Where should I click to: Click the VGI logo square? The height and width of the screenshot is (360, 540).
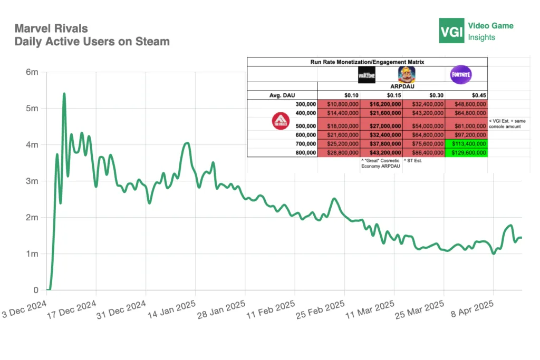click(x=451, y=31)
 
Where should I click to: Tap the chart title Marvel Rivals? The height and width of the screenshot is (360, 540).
click(x=51, y=28)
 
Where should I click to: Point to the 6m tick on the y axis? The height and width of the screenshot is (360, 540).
click(x=32, y=72)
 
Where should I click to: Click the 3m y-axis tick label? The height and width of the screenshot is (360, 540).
click(x=32, y=181)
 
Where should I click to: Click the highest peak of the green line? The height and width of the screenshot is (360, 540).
click(x=64, y=94)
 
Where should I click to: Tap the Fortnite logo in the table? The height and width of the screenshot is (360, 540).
click(x=460, y=75)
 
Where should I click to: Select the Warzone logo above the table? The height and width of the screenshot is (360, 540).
click(x=367, y=75)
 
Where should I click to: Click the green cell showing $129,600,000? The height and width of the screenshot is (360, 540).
click(x=466, y=152)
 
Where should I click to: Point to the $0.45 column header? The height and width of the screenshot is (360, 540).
click(x=466, y=95)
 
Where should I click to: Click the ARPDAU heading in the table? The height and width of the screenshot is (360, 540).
click(x=402, y=87)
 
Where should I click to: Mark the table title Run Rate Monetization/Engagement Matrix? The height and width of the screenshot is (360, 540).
click(x=367, y=62)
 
